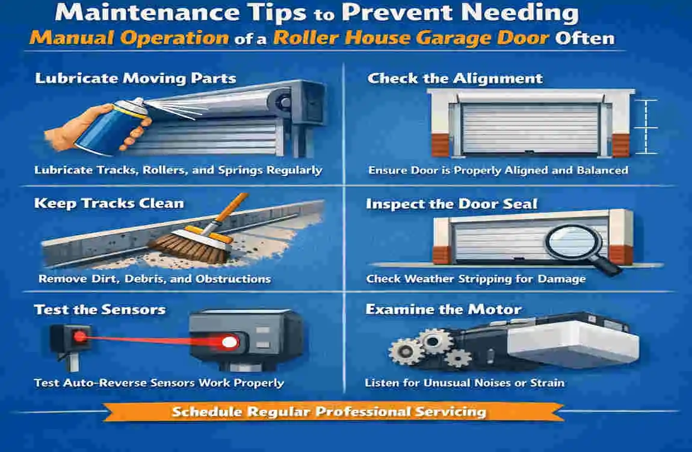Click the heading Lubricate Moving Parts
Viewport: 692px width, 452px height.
pyautogui.click(x=135, y=78)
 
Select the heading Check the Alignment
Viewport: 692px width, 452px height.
pyautogui.click(x=455, y=78)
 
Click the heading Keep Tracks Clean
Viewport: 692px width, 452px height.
pyautogui.click(x=109, y=202)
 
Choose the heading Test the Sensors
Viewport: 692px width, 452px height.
pyautogui.click(x=100, y=310)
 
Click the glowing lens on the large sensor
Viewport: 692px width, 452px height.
pyautogui.click(x=229, y=342)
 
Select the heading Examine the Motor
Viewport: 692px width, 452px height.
pyautogui.click(x=443, y=310)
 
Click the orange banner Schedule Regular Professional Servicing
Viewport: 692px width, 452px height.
pyautogui.click(x=329, y=412)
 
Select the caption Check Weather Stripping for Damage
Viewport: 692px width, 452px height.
pyautogui.click(x=475, y=279)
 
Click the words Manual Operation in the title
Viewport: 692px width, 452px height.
pyautogui.click(x=129, y=39)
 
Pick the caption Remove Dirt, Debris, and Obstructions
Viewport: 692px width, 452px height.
pyautogui.click(x=155, y=279)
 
